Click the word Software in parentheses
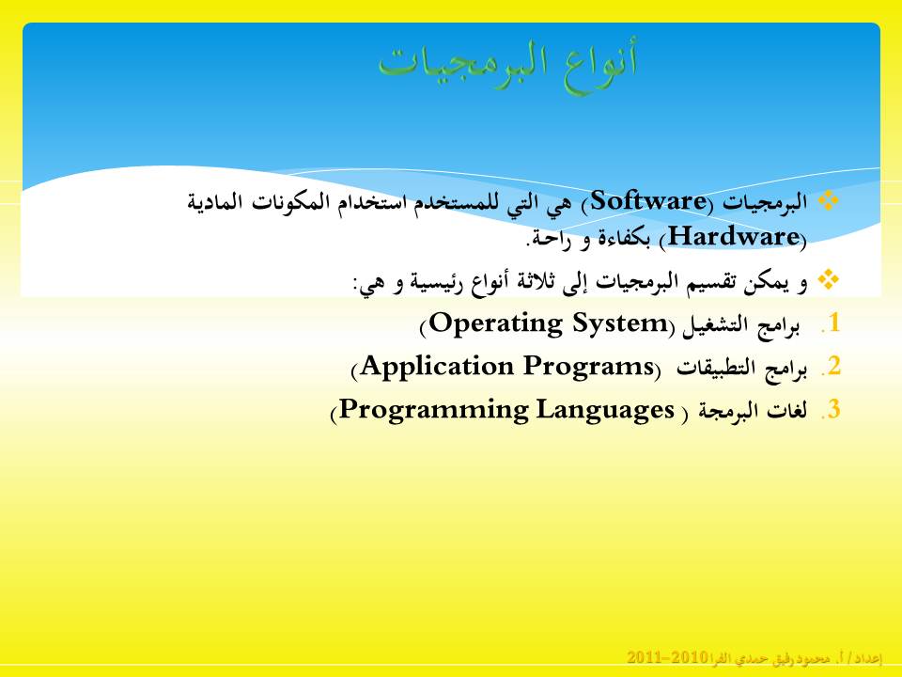(648, 201)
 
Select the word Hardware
(734, 237)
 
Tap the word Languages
(605, 411)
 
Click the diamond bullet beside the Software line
(829, 200)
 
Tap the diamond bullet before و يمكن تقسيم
(829, 279)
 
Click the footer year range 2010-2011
(667, 657)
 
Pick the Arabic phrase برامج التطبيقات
(741, 369)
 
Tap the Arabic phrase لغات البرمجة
(753, 412)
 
